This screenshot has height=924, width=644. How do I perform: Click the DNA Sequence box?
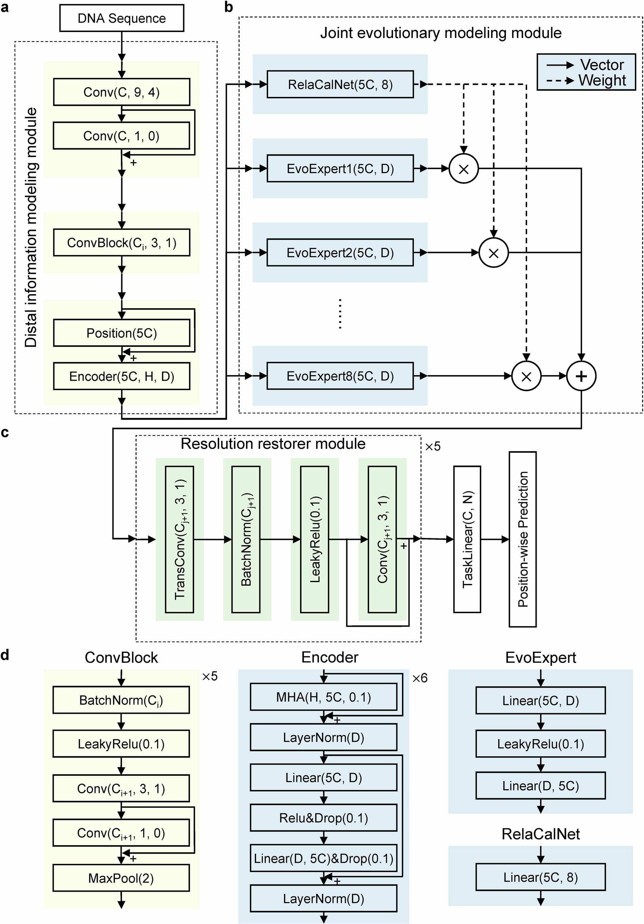[121, 18]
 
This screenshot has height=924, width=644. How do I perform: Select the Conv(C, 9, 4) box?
[121, 92]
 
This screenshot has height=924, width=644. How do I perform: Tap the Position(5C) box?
[121, 333]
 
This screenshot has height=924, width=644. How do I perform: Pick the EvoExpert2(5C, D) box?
[340, 253]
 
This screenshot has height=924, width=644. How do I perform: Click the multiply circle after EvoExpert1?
[464, 169]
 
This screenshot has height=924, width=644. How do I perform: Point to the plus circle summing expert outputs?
[581, 376]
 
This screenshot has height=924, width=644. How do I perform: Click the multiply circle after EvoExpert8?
[526, 376]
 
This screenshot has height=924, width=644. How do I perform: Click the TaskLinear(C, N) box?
[467, 539]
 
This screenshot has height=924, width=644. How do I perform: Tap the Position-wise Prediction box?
[523, 539]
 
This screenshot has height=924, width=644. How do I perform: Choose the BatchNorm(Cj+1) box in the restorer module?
[246, 539]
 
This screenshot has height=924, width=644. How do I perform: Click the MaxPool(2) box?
[121, 878]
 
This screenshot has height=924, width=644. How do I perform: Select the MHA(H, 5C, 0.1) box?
[324, 697]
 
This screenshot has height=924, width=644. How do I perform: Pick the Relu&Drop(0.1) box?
[324, 818]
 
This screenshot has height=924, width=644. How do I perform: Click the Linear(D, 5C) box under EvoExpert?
[540, 786]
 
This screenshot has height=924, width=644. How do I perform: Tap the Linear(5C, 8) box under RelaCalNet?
[540, 877]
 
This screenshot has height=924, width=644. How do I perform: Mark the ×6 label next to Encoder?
[420, 678]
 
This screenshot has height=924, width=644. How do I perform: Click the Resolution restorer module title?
[273, 443]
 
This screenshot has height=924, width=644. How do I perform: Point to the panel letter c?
[5, 433]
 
